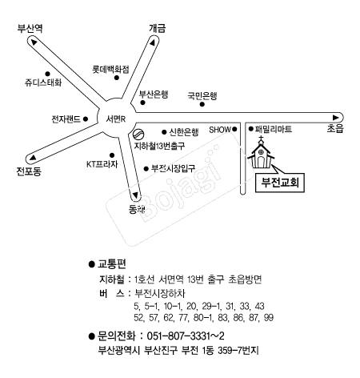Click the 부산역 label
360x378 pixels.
(x=30, y=28)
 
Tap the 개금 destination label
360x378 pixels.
(x=158, y=28)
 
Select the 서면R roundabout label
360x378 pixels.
(x=116, y=119)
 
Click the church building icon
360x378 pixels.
(x=261, y=155)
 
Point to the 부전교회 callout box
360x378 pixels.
(x=280, y=183)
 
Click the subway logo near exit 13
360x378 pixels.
(x=138, y=134)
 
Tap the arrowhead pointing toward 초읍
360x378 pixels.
(x=335, y=118)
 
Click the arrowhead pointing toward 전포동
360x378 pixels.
(x=33, y=158)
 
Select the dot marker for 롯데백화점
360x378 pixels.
(x=117, y=78)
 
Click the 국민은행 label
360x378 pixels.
(x=202, y=95)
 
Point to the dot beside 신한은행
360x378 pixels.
(x=164, y=132)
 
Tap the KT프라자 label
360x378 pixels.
(x=102, y=164)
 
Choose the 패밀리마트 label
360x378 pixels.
(x=274, y=129)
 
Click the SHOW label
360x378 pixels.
(x=220, y=130)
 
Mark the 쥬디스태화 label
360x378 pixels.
(x=43, y=82)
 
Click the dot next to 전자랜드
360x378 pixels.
(x=86, y=119)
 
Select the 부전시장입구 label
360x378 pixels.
(x=174, y=168)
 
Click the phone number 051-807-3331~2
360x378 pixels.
(x=186, y=336)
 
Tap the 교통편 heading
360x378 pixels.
(x=112, y=263)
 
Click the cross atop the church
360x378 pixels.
(x=261, y=139)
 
